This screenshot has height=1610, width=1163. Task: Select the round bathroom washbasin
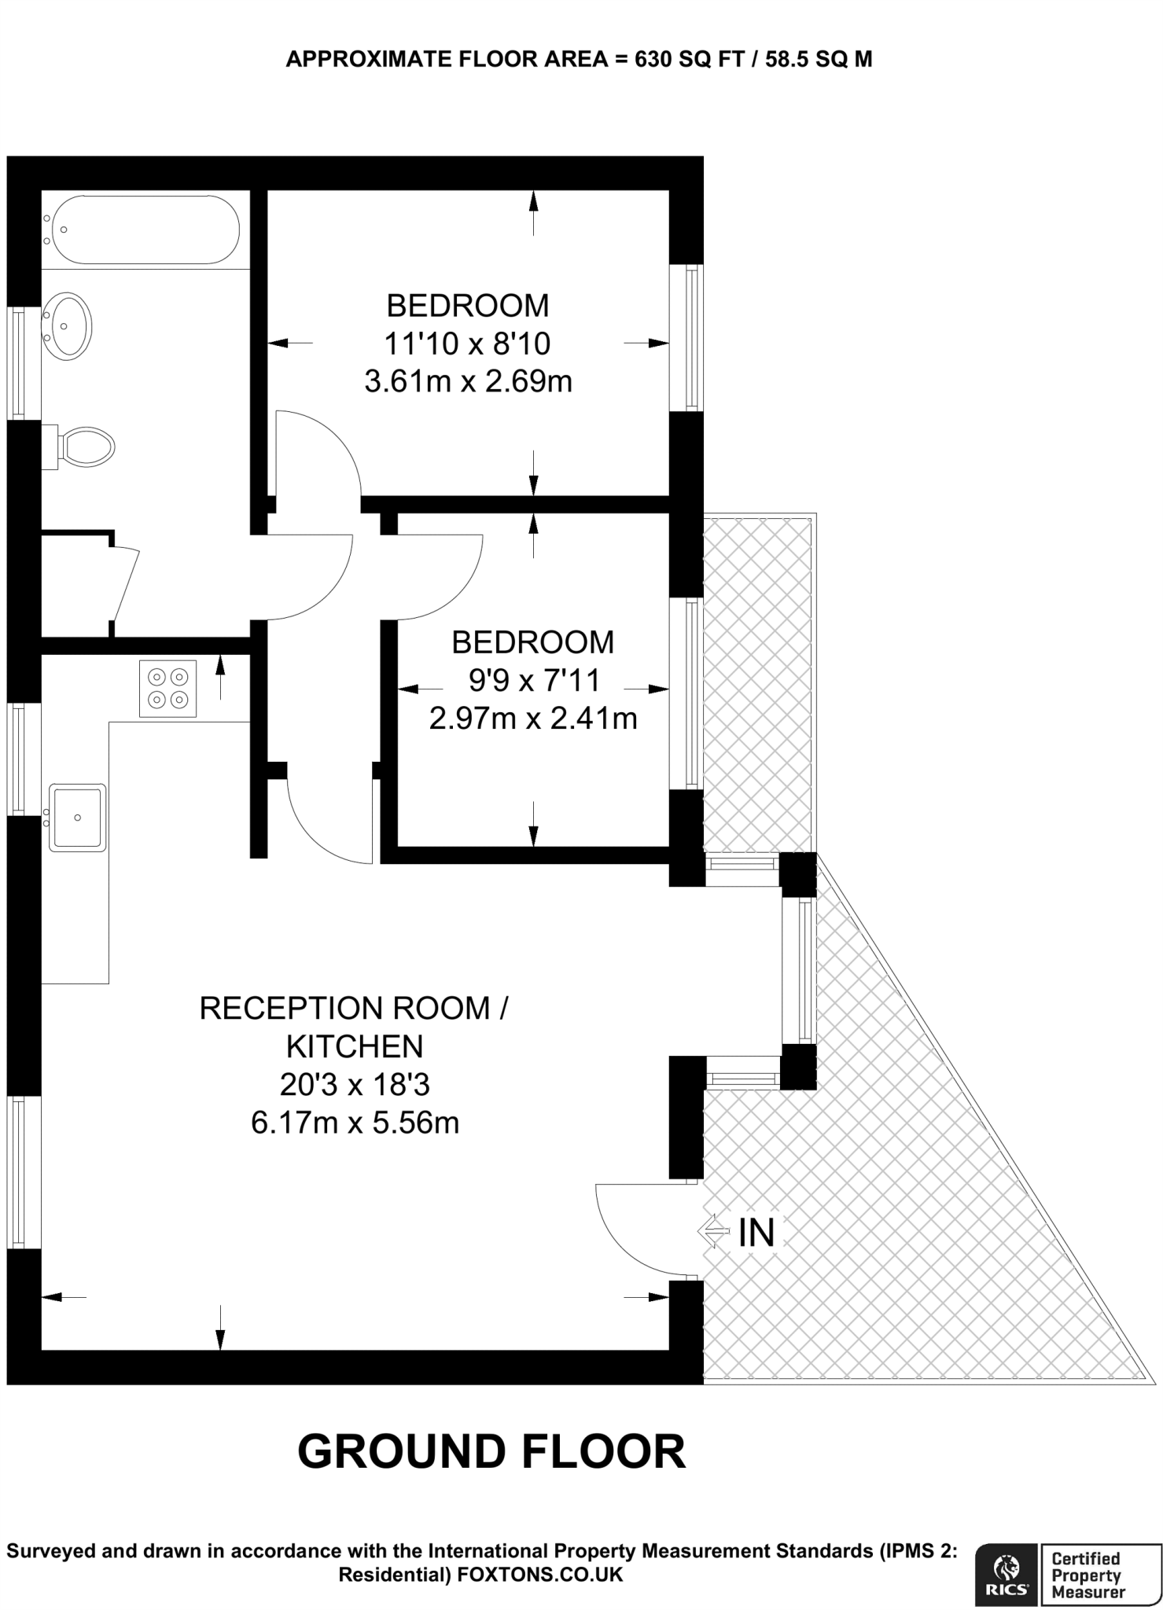click(x=68, y=327)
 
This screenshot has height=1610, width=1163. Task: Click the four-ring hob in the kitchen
click(x=168, y=689)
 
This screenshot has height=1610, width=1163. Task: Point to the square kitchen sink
click(x=77, y=818)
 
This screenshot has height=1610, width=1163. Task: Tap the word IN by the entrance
click(x=756, y=1233)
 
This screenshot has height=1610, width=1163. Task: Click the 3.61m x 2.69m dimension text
click(x=468, y=382)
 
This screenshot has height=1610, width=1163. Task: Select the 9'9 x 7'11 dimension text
click(x=534, y=680)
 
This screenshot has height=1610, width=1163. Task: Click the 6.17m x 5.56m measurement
click(x=355, y=1123)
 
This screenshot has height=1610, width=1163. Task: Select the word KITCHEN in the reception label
click(x=355, y=1046)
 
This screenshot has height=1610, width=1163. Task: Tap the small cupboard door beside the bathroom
click(x=126, y=584)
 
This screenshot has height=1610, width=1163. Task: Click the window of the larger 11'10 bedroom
click(x=690, y=338)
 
